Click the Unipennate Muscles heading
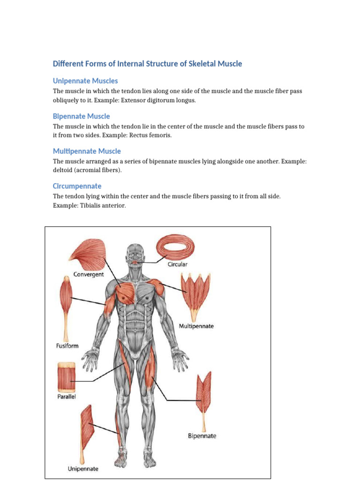click(85, 81)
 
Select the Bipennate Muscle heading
click(82, 116)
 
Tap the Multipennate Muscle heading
click(87, 151)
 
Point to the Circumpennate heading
click(77, 186)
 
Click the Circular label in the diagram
click(178, 264)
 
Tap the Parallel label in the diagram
click(66, 397)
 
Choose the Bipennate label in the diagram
click(202, 436)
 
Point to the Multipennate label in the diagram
click(196, 326)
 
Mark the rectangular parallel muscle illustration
click(66, 377)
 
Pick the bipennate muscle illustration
click(204, 394)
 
